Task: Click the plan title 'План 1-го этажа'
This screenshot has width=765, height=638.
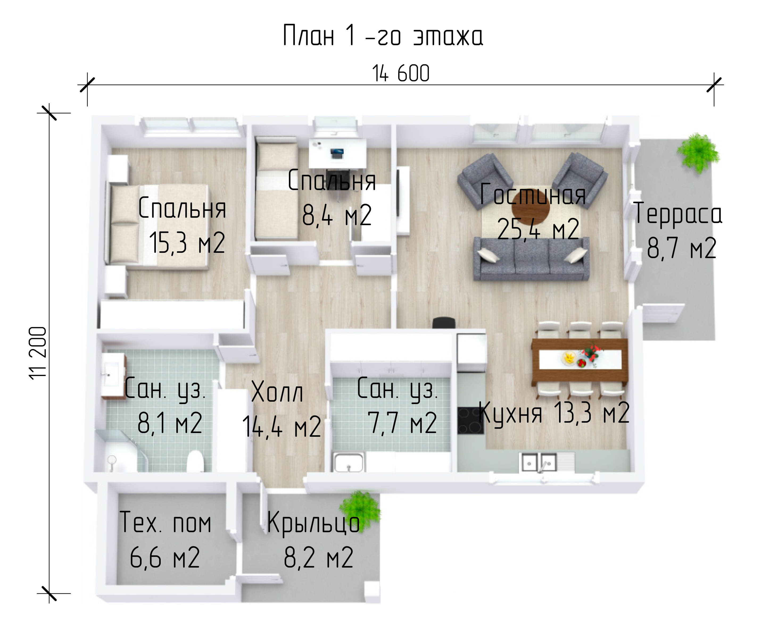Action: [383, 36]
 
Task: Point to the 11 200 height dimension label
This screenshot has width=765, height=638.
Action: [38, 353]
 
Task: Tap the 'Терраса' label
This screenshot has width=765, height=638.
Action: [678, 214]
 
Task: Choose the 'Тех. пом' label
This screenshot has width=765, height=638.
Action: [166, 522]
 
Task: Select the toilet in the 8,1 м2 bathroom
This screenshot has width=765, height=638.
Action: [195, 461]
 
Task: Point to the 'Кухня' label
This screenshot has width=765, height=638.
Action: [510, 413]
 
